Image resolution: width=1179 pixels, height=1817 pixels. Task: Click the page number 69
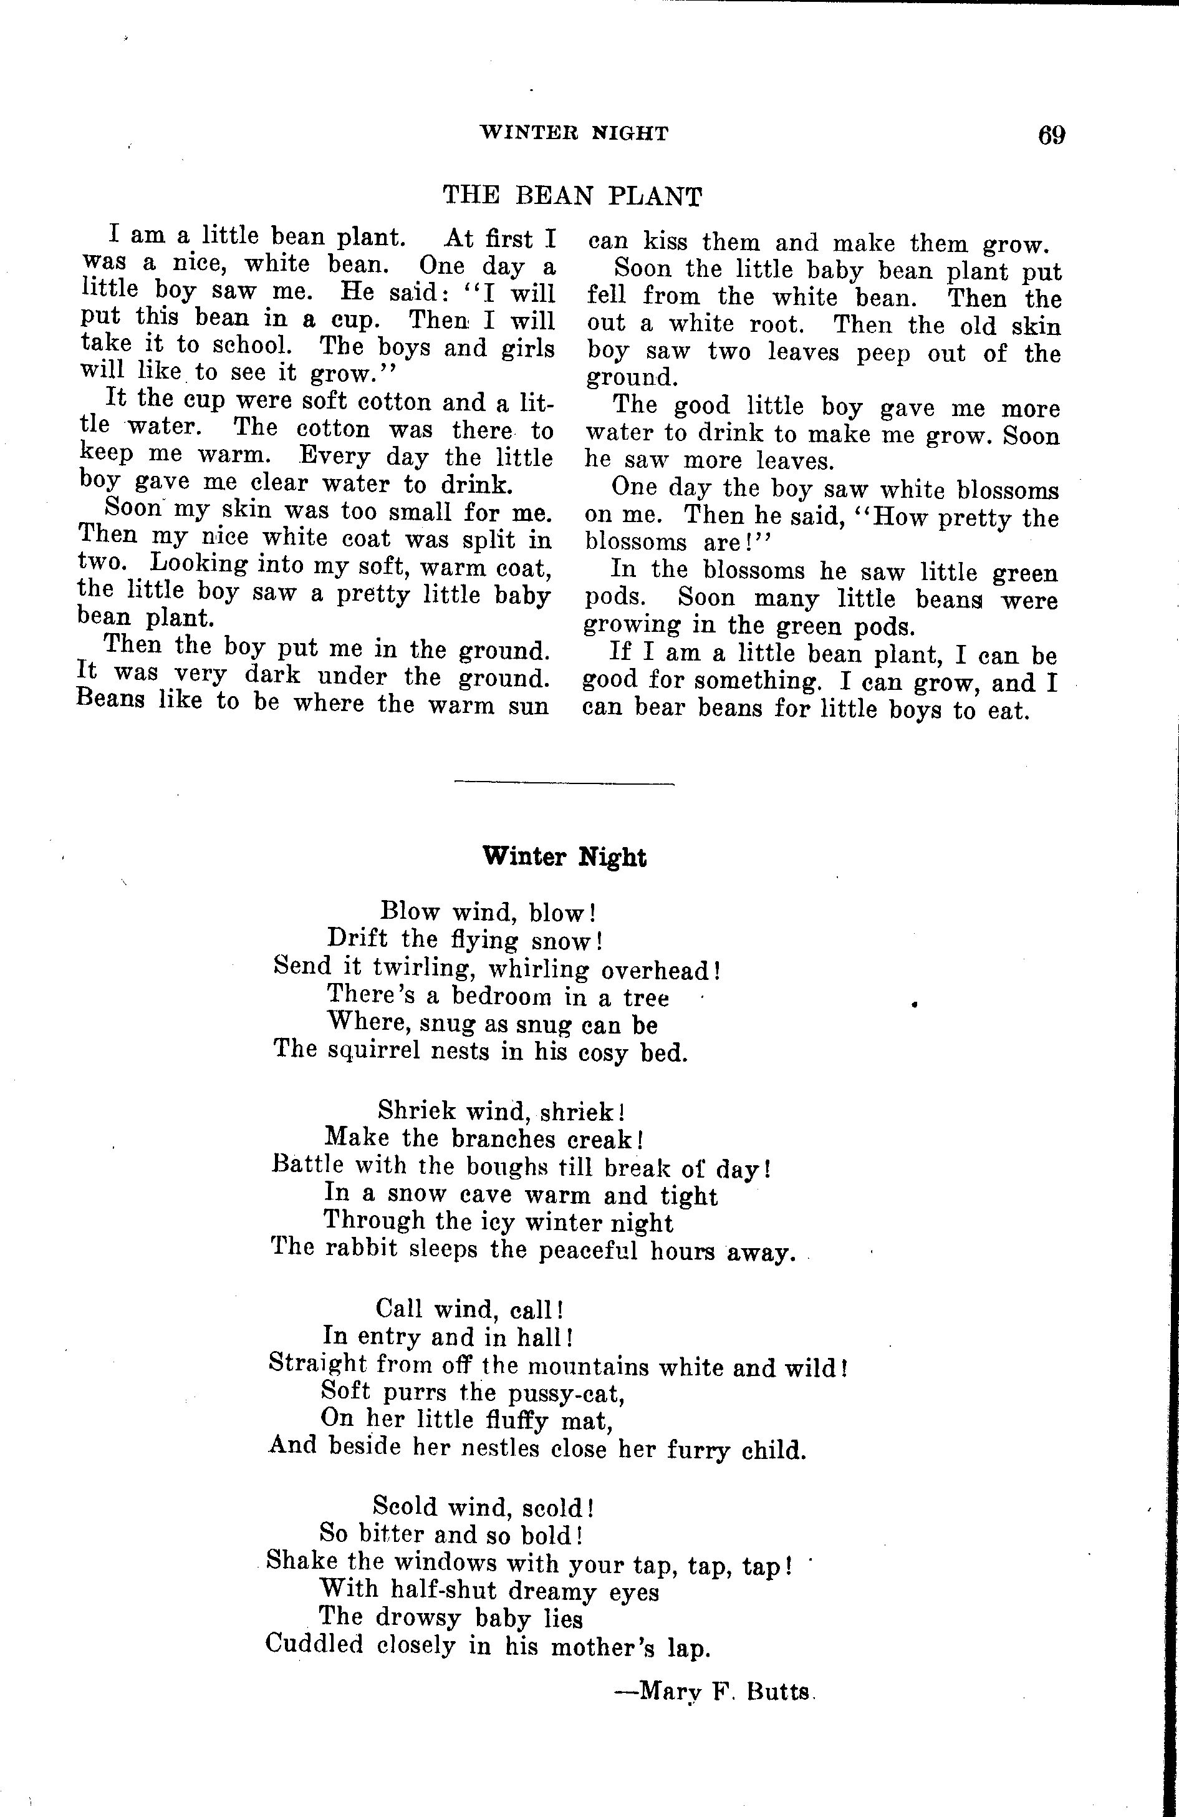(x=1051, y=135)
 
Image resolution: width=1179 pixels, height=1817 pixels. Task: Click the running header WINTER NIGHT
(x=574, y=133)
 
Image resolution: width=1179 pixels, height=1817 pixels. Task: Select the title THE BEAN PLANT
(x=572, y=196)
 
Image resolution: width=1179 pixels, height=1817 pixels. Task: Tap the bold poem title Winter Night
(x=565, y=856)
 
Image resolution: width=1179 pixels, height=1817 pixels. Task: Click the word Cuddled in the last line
(x=314, y=1644)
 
